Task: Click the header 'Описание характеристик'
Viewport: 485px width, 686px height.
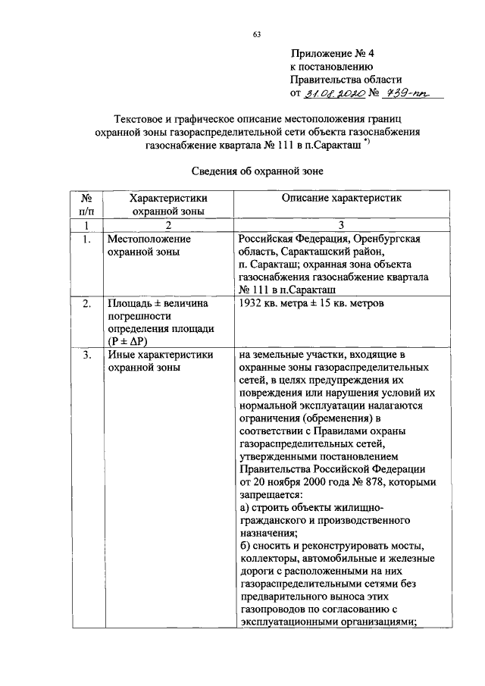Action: click(x=340, y=198)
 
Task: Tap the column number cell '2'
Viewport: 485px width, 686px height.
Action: click(x=168, y=226)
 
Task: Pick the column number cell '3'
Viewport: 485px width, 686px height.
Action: click(x=340, y=226)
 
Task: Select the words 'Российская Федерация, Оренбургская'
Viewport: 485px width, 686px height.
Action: click(x=329, y=240)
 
